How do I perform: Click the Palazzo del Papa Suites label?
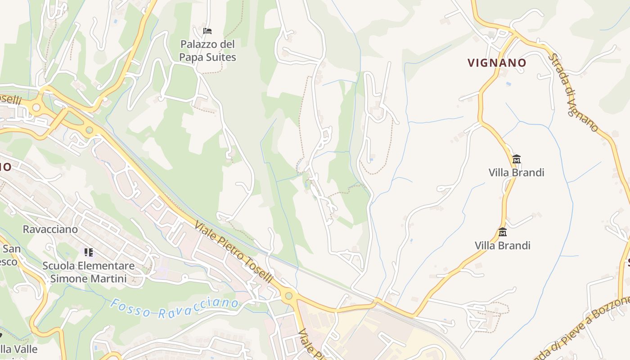coord(207,51)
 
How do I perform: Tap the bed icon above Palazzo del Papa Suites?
coord(207,31)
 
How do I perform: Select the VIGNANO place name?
coord(497,63)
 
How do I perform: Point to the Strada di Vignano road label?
coord(574,93)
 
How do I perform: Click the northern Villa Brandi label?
coord(516,172)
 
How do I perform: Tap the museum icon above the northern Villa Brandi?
coord(516,159)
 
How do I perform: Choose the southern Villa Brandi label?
coord(502,245)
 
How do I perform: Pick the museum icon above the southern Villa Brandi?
coord(503,232)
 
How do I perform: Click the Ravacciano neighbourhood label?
coord(50,229)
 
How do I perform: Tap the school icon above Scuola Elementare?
coord(89,252)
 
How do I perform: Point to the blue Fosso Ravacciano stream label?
coord(175,308)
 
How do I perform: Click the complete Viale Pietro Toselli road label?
coord(234,252)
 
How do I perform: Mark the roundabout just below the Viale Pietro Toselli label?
coord(288,296)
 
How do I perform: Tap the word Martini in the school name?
coord(108,279)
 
